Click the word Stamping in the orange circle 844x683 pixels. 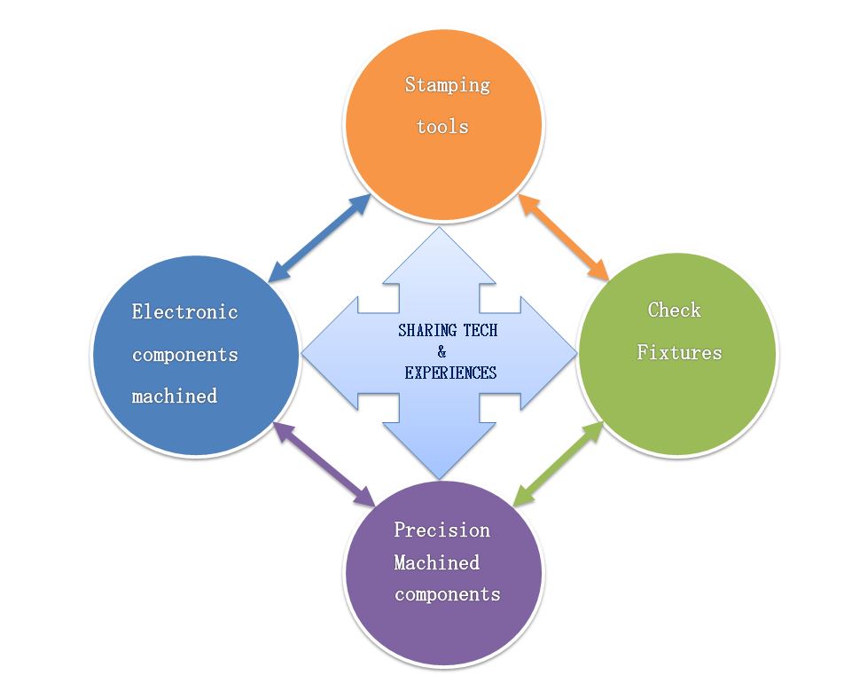[x=448, y=85]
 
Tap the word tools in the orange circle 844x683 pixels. [x=442, y=127]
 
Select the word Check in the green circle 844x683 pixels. [x=674, y=310]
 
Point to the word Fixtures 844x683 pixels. [x=679, y=352]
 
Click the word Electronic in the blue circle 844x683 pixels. [x=184, y=312]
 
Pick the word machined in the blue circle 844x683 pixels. [x=175, y=396]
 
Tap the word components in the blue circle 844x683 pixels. [x=185, y=355]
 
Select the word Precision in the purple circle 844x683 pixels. [x=442, y=530]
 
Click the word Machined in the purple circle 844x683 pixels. [x=436, y=563]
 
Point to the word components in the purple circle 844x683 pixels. [x=448, y=594]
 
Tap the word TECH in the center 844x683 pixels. [x=481, y=330]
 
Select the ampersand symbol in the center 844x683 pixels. [x=442, y=352]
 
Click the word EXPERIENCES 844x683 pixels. [x=450, y=373]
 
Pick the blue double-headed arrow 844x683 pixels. [x=319, y=238]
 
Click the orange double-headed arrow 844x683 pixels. [x=564, y=238]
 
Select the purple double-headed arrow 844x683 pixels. [x=324, y=464]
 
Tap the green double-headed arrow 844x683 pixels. [x=559, y=464]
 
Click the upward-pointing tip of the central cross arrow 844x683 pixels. [x=439, y=228]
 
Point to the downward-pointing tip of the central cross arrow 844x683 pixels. [x=439, y=479]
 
